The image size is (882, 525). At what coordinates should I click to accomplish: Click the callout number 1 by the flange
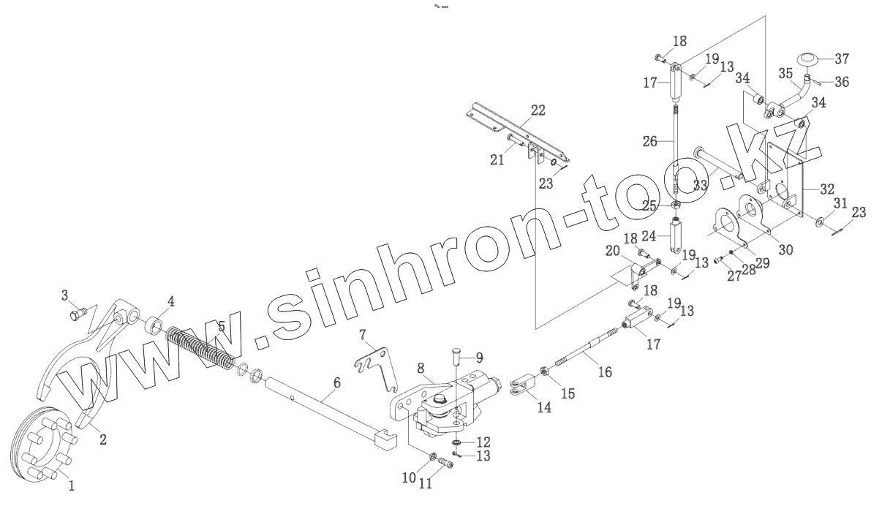pyautogui.click(x=71, y=484)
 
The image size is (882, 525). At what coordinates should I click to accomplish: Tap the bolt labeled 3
pyautogui.click(x=75, y=315)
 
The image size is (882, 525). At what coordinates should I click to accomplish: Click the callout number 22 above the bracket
pyautogui.click(x=538, y=110)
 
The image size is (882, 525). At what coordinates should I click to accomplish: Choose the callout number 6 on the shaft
pyautogui.click(x=336, y=382)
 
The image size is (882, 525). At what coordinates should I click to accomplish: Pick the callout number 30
pyautogui.click(x=785, y=249)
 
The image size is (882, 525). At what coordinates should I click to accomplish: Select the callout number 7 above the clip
pyautogui.click(x=361, y=335)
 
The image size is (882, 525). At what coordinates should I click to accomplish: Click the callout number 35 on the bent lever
pyautogui.click(x=785, y=73)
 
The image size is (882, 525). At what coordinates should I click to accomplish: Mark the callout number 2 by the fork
pyautogui.click(x=102, y=439)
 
